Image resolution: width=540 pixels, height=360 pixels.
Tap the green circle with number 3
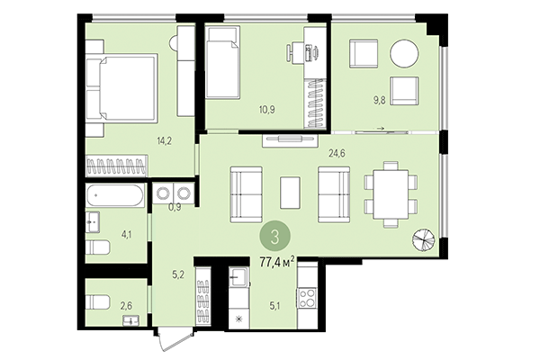click(274, 237)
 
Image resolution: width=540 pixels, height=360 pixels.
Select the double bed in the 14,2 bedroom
click(123, 90)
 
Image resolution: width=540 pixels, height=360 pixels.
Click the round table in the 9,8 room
click(403, 53)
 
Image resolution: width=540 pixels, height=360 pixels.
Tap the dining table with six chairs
click(390, 194)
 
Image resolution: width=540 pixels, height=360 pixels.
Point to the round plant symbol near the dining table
click(424, 240)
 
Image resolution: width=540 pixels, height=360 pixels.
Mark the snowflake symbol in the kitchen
click(238, 319)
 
